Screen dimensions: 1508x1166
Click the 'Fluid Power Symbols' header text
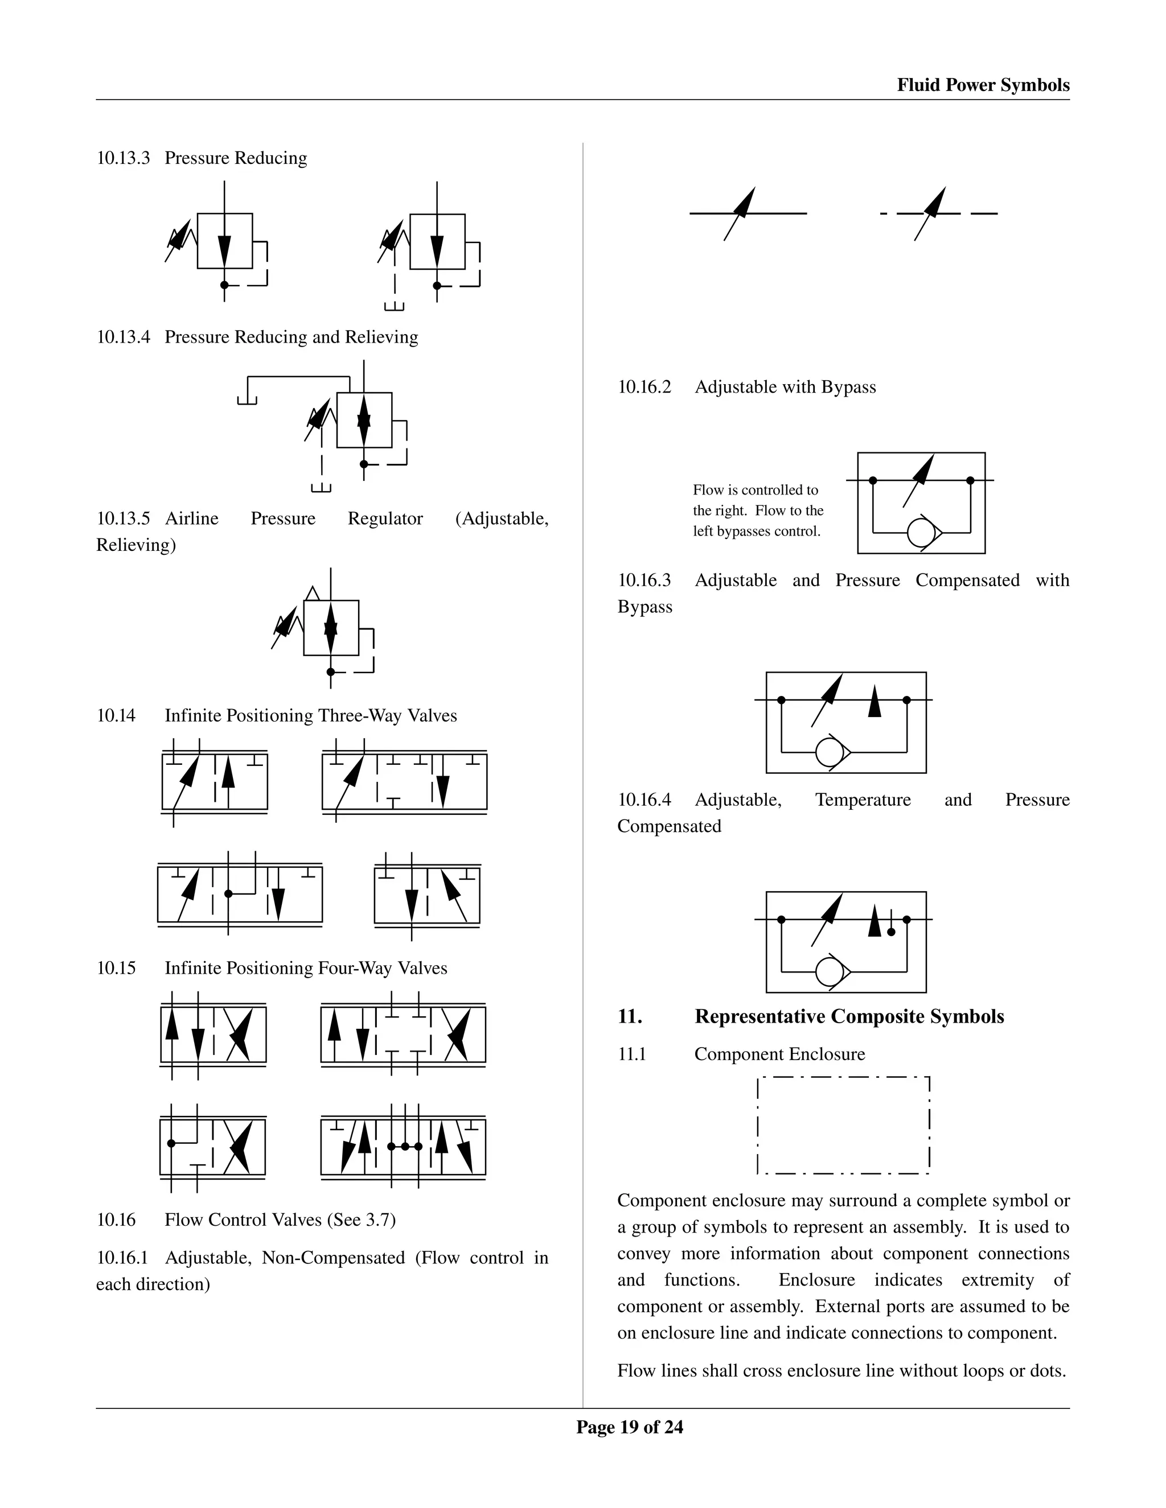[982, 85]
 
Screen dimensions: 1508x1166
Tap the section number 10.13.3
[123, 158]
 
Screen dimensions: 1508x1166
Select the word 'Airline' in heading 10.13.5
[192, 518]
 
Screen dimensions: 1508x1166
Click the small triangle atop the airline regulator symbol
[312, 593]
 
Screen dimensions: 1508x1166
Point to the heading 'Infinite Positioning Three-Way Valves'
[310, 715]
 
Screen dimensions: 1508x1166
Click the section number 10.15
[116, 968]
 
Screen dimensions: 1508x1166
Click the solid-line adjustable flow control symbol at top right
[748, 213]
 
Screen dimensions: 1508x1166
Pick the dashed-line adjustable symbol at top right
[938, 213]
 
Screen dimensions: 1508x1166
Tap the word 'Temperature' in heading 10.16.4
[862, 800]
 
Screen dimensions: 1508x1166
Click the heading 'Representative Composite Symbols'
[849, 1016]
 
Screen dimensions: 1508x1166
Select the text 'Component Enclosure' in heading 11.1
[779, 1054]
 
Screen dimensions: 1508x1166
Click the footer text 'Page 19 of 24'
[629, 1427]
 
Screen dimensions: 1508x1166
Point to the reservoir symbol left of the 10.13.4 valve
[247, 401]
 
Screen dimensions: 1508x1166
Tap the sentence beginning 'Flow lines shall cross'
[841, 1371]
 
